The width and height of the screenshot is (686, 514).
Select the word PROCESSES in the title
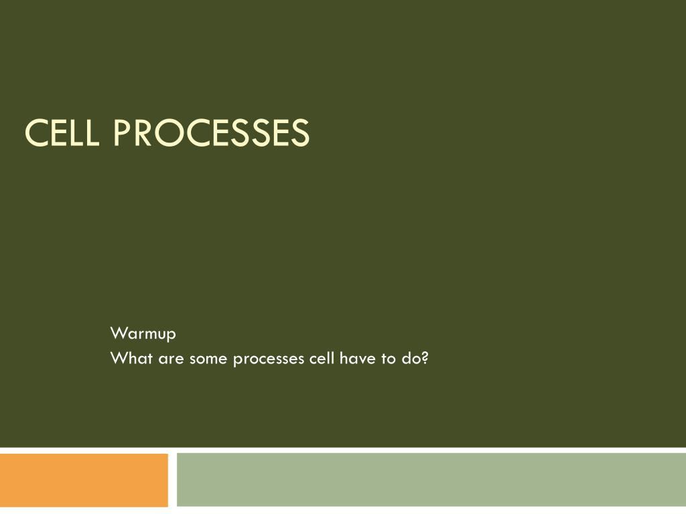point(211,133)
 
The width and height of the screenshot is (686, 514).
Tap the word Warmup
point(143,333)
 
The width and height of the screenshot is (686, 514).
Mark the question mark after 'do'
point(425,359)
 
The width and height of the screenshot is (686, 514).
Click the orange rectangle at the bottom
point(84,480)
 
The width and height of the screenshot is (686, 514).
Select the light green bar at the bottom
point(431,480)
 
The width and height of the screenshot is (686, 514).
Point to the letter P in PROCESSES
point(121,133)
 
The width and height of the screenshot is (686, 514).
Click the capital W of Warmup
point(118,333)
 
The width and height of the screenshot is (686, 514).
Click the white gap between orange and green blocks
point(172,480)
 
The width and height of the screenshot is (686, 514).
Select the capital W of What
point(118,359)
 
